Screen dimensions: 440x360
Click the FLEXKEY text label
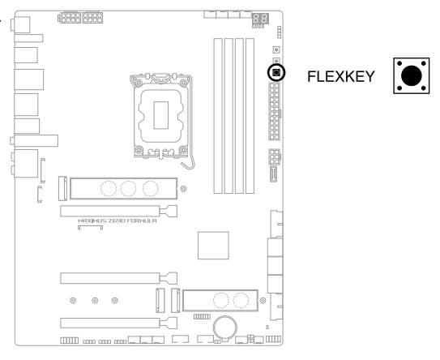click(341, 76)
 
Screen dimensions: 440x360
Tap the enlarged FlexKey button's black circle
click(412, 76)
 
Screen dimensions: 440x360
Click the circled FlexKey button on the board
click(276, 72)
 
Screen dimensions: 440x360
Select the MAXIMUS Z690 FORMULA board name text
click(117, 221)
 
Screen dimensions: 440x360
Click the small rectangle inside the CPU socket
click(161, 115)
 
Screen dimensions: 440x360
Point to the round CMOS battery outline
click(225, 327)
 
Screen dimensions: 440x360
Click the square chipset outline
click(213, 246)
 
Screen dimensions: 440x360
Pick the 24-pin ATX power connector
click(274, 111)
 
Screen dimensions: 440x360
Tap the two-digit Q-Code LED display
click(260, 19)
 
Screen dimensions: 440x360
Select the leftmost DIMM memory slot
click(218, 116)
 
